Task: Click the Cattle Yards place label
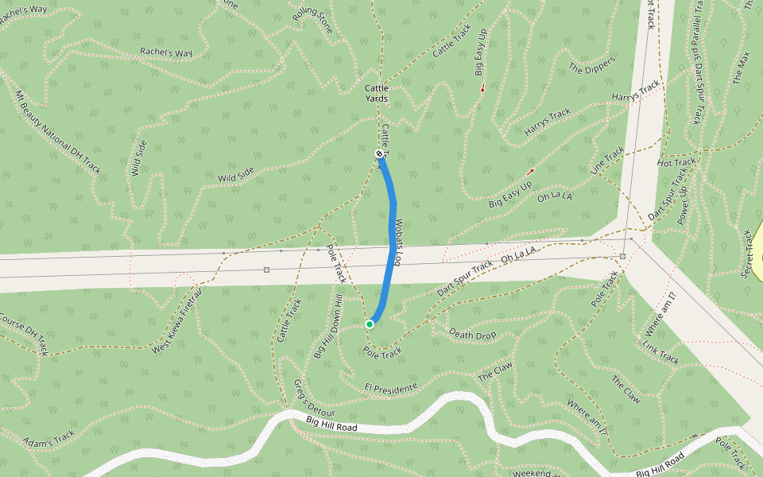point(376,93)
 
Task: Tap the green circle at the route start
point(370,324)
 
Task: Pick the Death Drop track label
point(472,334)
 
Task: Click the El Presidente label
point(390,387)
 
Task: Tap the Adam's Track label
point(48,439)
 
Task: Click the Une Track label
point(607,162)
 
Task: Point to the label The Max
point(741,68)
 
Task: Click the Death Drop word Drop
point(484,335)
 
